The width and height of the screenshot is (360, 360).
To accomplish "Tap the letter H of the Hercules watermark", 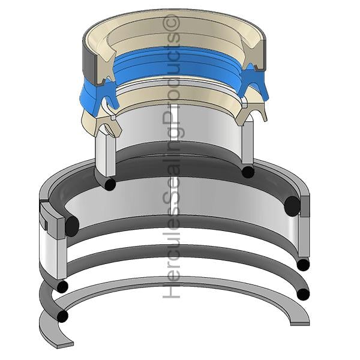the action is tap(171, 290).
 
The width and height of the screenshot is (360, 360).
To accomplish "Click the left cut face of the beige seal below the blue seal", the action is tap(108, 125).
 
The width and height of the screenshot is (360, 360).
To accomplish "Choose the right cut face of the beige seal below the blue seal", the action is tap(251, 113).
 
